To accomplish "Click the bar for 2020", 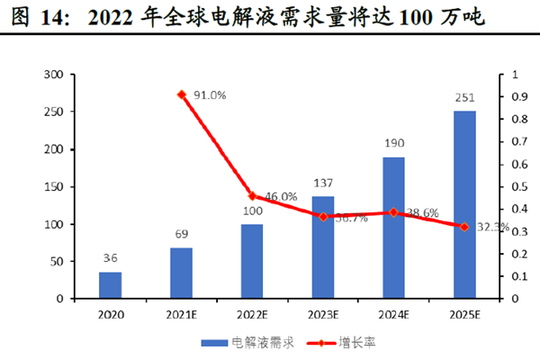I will tap(110, 284).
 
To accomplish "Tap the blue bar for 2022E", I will tap(252, 261).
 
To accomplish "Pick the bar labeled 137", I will tap(322, 247).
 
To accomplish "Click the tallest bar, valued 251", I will tap(464, 204).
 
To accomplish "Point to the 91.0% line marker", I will tap(181, 94).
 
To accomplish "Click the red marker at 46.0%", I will tap(252, 196).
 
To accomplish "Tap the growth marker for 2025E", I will tap(464, 227).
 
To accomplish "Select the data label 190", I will tap(393, 144).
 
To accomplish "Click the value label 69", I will tap(181, 235).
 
